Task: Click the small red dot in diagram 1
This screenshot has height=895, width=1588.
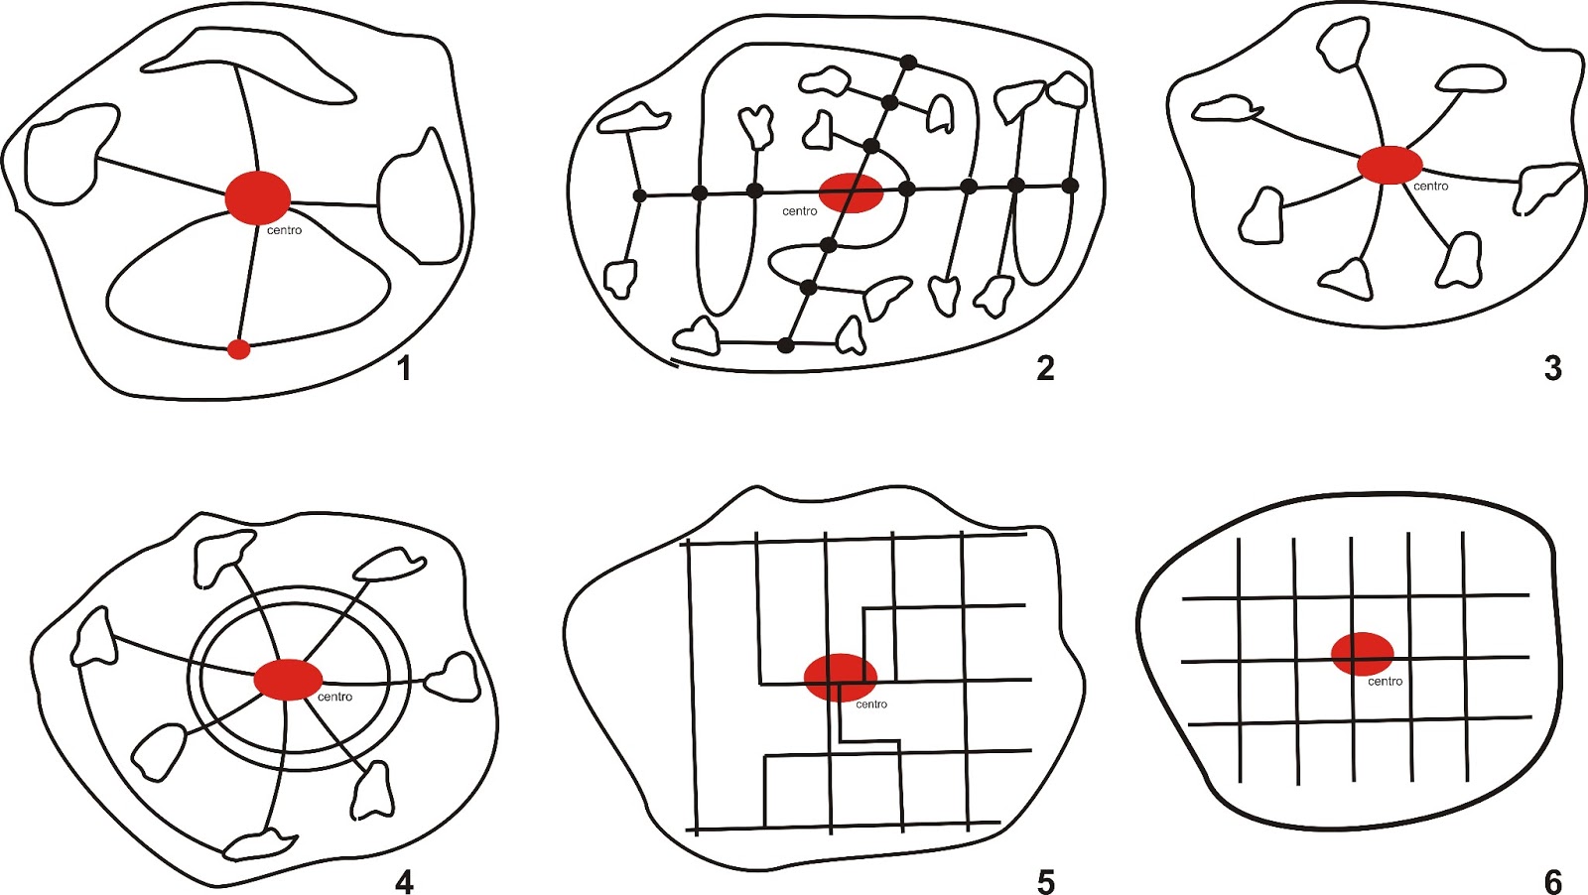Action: pyautogui.click(x=239, y=349)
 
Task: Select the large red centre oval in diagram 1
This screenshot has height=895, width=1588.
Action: pyautogui.click(x=257, y=197)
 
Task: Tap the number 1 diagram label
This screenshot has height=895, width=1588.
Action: pyautogui.click(x=405, y=368)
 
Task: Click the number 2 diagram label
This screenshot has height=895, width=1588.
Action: pyautogui.click(x=1045, y=368)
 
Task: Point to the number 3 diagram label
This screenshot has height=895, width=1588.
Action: pyautogui.click(x=1552, y=368)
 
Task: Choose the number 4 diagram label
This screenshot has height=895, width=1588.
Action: pyautogui.click(x=403, y=882)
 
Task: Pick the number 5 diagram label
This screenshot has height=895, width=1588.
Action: pyautogui.click(x=1046, y=882)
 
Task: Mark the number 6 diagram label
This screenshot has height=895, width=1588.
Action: pyautogui.click(x=1552, y=882)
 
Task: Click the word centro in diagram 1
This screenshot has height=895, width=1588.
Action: pyautogui.click(x=284, y=230)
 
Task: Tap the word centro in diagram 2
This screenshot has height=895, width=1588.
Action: pyautogui.click(x=800, y=211)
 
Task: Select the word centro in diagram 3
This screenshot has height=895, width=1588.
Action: pyautogui.click(x=1430, y=187)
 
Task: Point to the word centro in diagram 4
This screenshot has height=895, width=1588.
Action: pyautogui.click(x=334, y=697)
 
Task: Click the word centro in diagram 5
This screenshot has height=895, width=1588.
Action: pyautogui.click(x=871, y=704)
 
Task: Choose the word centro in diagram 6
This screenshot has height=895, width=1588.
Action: pyautogui.click(x=1385, y=682)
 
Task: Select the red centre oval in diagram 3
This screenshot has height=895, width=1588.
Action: pyautogui.click(x=1389, y=165)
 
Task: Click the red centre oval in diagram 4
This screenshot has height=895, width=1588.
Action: pyautogui.click(x=288, y=680)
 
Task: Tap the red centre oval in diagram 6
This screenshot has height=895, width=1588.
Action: pyautogui.click(x=1362, y=653)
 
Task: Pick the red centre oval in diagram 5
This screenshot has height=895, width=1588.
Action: pyautogui.click(x=840, y=678)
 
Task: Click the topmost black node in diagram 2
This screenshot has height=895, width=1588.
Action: pyautogui.click(x=908, y=63)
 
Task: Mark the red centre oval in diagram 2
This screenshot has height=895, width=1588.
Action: pyautogui.click(x=851, y=192)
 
